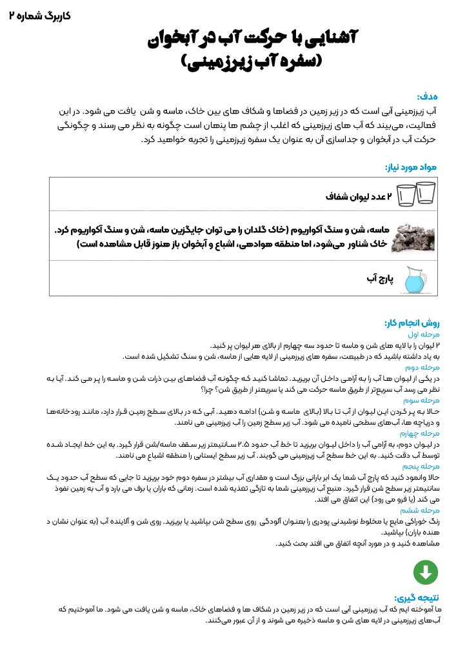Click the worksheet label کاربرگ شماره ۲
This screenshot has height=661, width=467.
point(40,15)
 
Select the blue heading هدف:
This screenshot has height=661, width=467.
point(427,96)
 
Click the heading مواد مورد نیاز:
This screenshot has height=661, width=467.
point(411,167)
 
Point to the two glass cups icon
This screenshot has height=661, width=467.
point(415,193)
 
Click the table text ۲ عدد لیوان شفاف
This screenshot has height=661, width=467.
point(359,194)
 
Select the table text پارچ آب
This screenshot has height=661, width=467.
point(380,279)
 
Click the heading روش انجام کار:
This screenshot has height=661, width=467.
point(412,323)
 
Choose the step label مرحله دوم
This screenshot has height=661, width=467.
point(423,367)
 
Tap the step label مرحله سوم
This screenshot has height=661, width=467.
point(422,400)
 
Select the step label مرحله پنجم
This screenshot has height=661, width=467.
point(422,465)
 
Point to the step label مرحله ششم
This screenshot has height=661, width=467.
point(422,509)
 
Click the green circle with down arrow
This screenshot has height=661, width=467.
point(426,572)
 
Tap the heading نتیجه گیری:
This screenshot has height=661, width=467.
point(416,598)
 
